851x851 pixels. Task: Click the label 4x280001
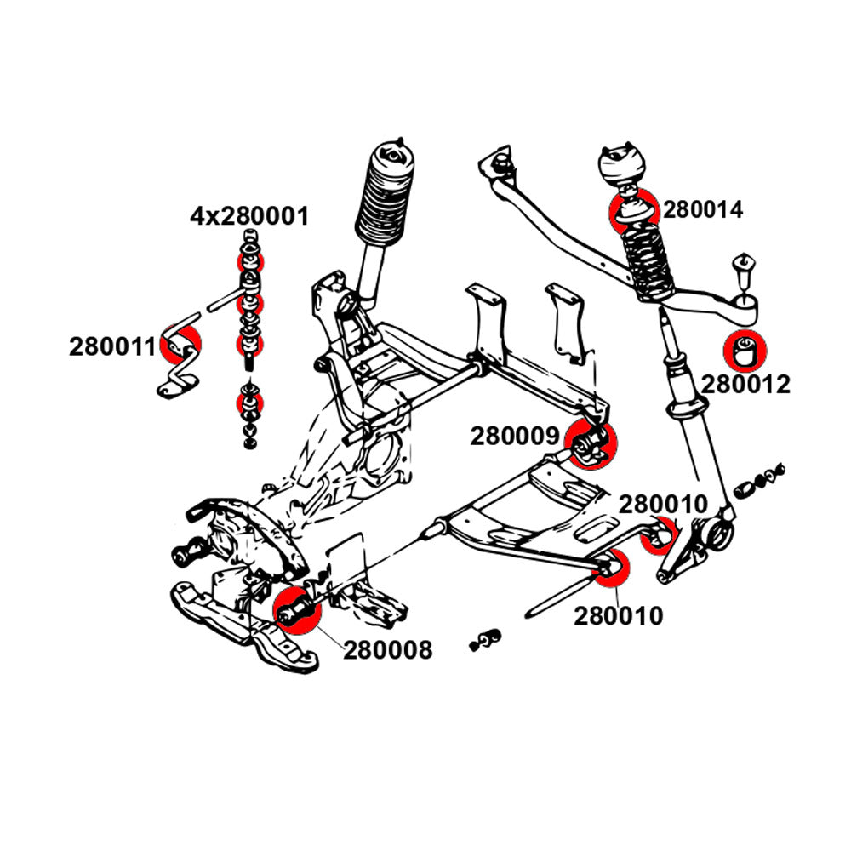click(248, 216)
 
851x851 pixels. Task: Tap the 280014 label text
click(703, 209)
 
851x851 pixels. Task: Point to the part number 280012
click(745, 384)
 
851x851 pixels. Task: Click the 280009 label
click(513, 437)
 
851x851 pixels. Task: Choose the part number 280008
click(388, 650)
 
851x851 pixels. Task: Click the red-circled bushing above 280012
click(745, 350)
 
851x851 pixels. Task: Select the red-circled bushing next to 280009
click(591, 443)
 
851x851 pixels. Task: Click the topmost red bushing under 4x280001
click(248, 256)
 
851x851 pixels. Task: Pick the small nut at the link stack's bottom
click(248, 443)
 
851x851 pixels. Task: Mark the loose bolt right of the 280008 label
click(486, 638)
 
